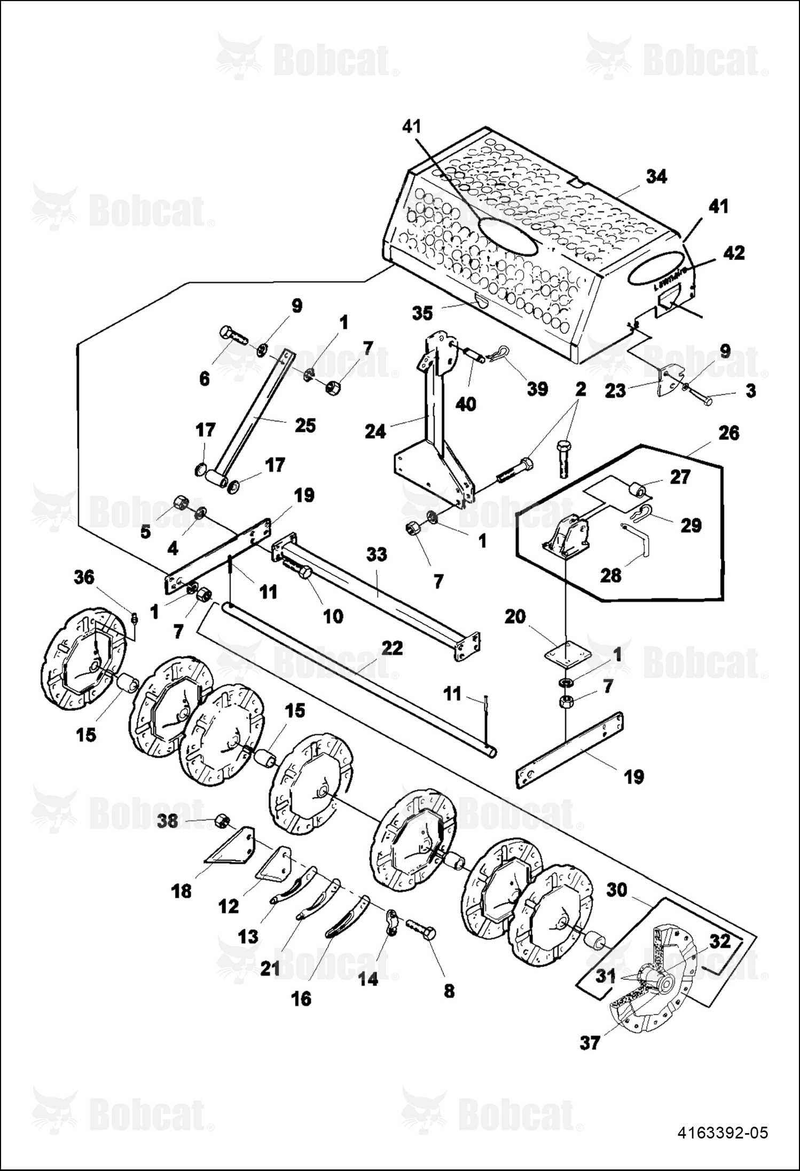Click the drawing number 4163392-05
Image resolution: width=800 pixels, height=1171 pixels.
723,1132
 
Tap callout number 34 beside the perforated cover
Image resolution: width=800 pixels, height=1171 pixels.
656,177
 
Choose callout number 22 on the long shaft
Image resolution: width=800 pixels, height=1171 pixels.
392,648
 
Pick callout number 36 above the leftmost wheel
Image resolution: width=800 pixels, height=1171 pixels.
84,577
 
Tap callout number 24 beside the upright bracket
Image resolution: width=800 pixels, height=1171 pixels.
375,431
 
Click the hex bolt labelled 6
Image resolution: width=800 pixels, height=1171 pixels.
234,336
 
